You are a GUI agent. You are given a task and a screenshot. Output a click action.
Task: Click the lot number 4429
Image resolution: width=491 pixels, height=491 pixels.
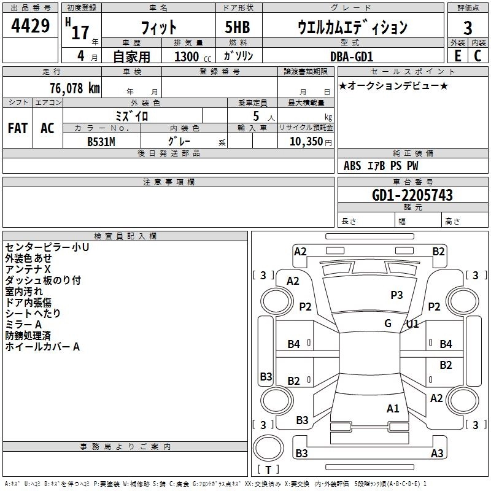click(31, 26)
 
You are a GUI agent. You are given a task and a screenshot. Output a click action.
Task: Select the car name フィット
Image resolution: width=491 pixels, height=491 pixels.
click(158, 28)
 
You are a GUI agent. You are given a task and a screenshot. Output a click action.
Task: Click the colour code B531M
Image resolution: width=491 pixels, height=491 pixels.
click(101, 141)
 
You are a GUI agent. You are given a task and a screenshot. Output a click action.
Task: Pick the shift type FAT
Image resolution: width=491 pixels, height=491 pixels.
click(18, 128)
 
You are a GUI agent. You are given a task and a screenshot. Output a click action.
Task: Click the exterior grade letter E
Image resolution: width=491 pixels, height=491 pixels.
click(457, 56)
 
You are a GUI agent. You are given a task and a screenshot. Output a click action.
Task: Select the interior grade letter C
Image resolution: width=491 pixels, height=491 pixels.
click(477, 56)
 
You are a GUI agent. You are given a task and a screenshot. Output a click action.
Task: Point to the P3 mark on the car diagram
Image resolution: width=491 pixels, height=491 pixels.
click(396, 295)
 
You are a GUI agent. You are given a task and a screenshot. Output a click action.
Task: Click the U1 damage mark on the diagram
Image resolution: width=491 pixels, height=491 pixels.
click(412, 323)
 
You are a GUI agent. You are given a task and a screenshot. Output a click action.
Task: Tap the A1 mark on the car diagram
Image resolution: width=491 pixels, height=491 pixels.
click(393, 408)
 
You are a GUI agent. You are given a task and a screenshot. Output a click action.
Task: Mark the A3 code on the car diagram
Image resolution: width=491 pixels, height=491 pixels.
click(437, 454)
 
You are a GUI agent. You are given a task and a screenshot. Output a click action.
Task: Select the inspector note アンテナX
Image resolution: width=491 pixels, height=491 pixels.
click(28, 269)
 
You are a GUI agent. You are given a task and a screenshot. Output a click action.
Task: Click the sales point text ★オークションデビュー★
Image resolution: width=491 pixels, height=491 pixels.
click(393, 85)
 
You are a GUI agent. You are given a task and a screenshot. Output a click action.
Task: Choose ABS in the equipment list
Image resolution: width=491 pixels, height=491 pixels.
click(352, 166)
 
